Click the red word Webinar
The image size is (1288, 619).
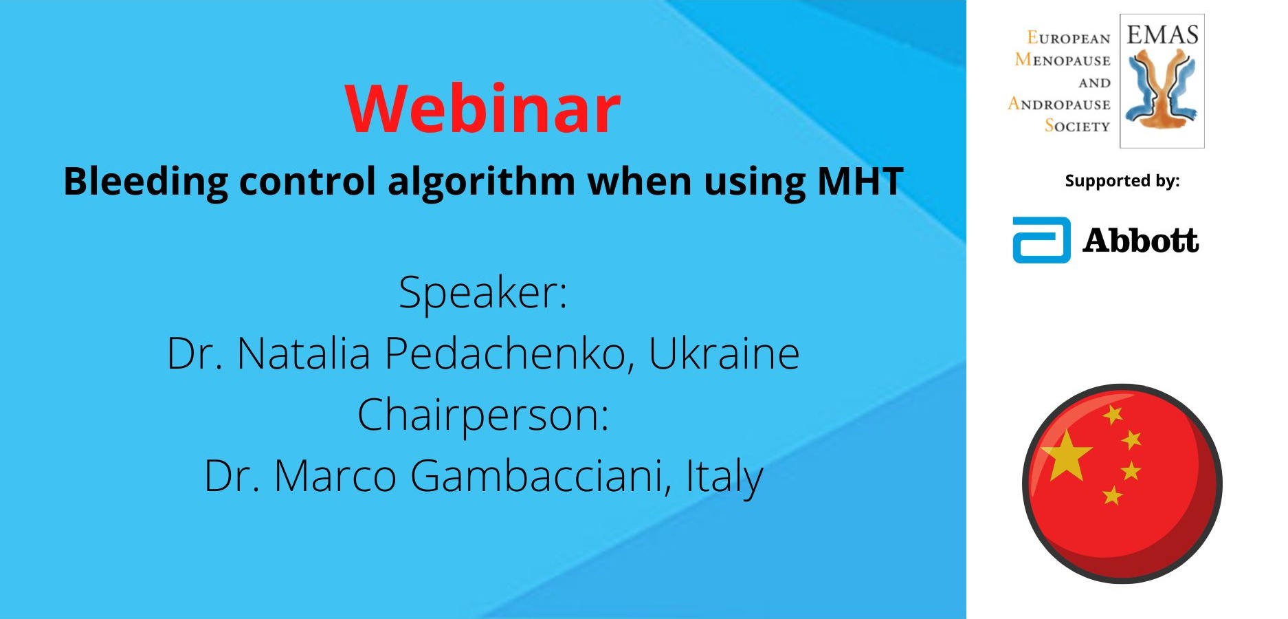(x=482, y=109)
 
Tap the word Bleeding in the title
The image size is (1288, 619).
(x=145, y=182)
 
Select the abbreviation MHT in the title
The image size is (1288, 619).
(x=860, y=181)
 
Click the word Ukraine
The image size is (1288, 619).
(x=724, y=354)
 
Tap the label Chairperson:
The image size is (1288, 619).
(x=483, y=415)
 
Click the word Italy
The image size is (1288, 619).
(x=724, y=477)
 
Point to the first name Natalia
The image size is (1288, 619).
(x=304, y=354)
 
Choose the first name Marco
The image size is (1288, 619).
(x=335, y=476)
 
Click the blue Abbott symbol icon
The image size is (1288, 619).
(x=1041, y=240)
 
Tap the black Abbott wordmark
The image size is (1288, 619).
(x=1141, y=241)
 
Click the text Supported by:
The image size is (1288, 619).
(x=1122, y=181)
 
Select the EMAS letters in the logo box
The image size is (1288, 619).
(x=1162, y=34)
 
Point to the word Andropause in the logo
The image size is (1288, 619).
(x=1059, y=104)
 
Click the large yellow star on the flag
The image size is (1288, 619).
(x=1066, y=455)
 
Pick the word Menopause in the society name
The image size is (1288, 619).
(x=1063, y=60)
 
